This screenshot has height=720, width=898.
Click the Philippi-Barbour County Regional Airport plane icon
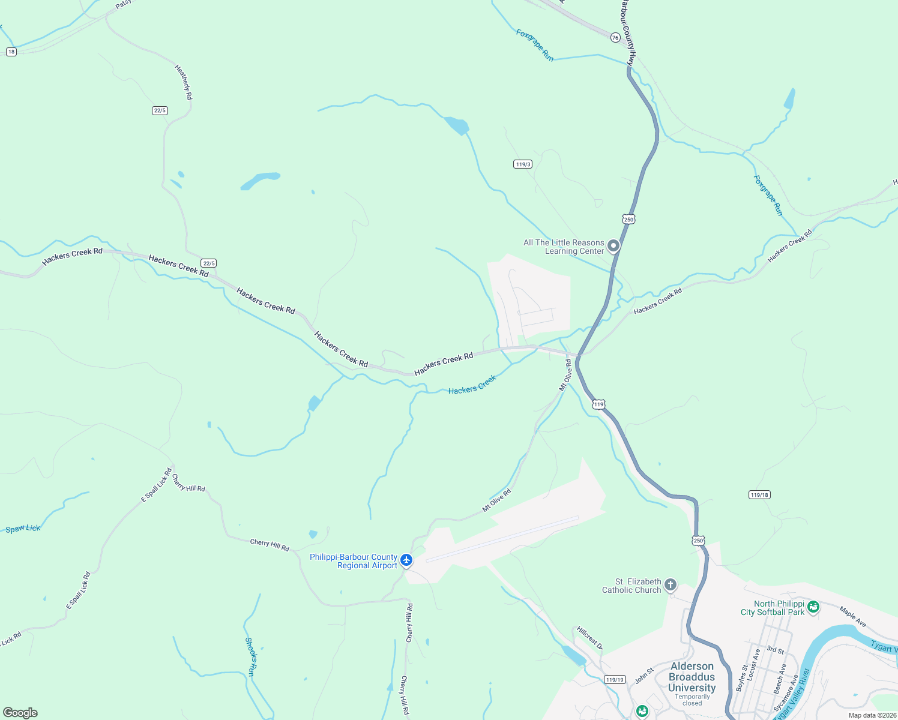tap(406, 560)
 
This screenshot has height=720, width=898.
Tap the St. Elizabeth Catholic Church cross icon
tap(670, 584)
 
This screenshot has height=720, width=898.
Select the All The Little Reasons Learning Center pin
tap(613, 246)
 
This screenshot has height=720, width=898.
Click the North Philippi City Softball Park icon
tap(813, 607)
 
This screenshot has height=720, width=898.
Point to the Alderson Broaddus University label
tap(692, 677)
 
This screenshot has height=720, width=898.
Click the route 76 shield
tap(615, 38)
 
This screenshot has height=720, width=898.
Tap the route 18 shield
tap(11, 52)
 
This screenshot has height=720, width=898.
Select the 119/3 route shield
tap(523, 164)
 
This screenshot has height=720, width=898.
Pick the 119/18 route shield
tap(759, 495)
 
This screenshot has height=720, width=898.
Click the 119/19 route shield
tap(615, 680)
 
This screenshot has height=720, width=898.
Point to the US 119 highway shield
tap(598, 404)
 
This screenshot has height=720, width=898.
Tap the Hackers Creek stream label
tap(472, 385)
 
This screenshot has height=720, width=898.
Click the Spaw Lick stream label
tap(23, 529)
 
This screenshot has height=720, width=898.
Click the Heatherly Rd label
tap(184, 82)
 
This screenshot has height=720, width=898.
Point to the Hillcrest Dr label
tap(589, 638)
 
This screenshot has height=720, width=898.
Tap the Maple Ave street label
tap(853, 617)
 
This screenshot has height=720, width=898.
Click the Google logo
tap(20, 713)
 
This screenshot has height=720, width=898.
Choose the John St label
tap(644, 676)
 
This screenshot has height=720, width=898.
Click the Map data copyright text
tap(872, 715)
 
